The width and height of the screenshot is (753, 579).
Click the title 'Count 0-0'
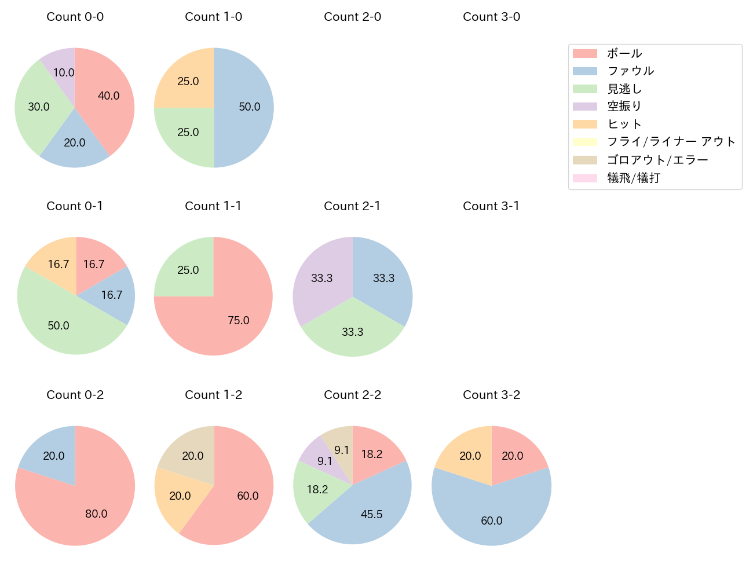click(x=75, y=17)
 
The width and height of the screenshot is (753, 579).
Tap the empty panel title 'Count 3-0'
click(x=491, y=17)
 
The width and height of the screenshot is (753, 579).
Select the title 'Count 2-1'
click(x=352, y=206)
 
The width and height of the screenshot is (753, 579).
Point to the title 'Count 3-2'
click(x=491, y=395)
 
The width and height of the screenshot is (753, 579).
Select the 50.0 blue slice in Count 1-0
click(x=246, y=108)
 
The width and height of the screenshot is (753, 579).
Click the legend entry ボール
click(x=624, y=53)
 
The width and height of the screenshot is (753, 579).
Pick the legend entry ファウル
click(x=630, y=71)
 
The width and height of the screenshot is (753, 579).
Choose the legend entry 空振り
click(x=624, y=107)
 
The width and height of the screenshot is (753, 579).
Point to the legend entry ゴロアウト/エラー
click(x=657, y=160)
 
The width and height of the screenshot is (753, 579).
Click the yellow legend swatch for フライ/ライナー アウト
click(x=584, y=142)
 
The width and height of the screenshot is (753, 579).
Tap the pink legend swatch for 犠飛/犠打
click(x=584, y=178)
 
